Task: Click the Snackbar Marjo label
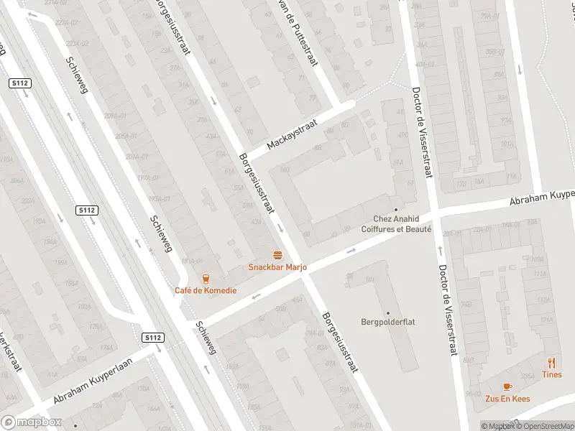tap(277, 267)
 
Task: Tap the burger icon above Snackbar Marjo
tap(277, 255)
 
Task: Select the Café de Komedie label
tap(205, 290)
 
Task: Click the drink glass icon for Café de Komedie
tap(206, 278)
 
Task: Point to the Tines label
tap(552, 374)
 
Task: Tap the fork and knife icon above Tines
tap(552, 362)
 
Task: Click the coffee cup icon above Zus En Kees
tap(507, 386)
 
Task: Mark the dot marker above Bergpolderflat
tap(388, 312)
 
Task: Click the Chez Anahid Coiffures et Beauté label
tap(402, 224)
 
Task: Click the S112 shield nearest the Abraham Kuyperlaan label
tap(152, 338)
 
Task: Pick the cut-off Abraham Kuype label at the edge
tap(543, 196)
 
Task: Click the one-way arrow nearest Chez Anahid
tap(351, 251)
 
